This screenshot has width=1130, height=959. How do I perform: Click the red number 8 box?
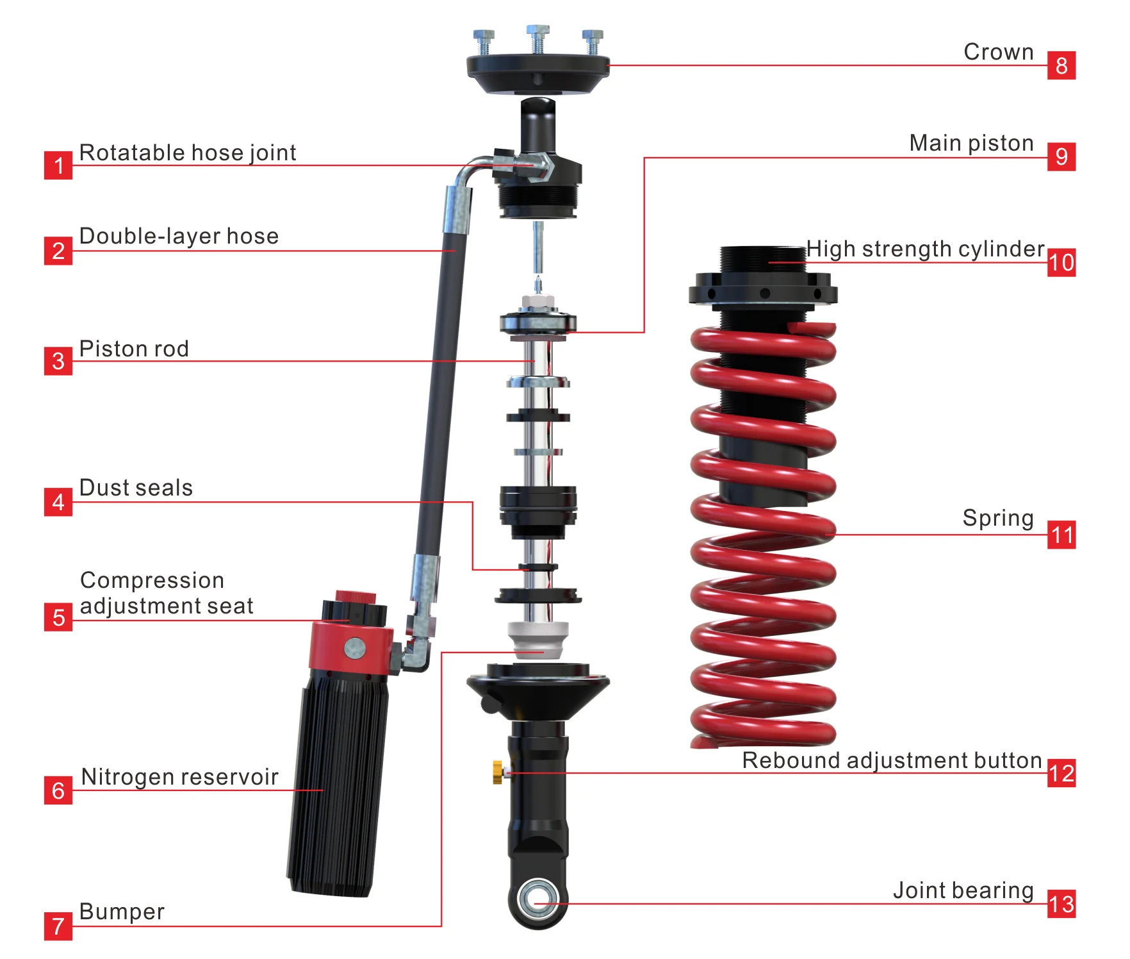tap(1061, 65)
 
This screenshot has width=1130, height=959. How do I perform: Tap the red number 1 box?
tap(58, 165)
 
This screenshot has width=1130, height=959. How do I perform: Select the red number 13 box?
tap(1061, 904)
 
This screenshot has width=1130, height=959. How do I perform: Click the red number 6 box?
tap(58, 790)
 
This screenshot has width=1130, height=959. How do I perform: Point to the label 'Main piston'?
tap(971, 143)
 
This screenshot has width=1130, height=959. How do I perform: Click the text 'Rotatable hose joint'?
tap(188, 153)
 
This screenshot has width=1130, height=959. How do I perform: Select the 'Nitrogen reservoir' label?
tap(179, 777)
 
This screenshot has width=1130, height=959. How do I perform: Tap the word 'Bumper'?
tap(122, 912)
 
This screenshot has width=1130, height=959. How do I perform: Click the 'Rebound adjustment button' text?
tap(892, 760)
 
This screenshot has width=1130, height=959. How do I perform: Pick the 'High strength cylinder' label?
tap(925, 249)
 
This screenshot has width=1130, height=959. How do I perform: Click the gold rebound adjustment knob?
tap(498, 772)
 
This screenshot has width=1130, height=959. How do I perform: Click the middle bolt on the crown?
tap(537, 40)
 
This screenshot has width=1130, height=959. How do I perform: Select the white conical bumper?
tap(537, 639)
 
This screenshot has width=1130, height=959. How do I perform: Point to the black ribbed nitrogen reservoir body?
tap(338, 782)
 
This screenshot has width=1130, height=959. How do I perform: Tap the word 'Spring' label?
tap(998, 518)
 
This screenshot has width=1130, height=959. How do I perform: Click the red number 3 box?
tap(58, 361)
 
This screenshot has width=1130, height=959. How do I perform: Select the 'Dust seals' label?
tap(136, 488)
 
